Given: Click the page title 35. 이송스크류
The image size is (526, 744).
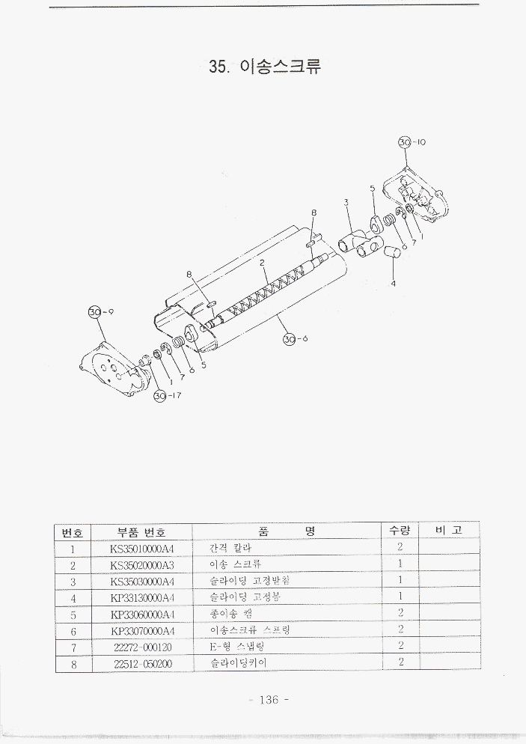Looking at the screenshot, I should (x=266, y=67).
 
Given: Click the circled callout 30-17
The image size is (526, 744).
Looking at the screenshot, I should (x=159, y=395).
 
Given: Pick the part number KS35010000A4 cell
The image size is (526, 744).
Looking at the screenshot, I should (x=141, y=549).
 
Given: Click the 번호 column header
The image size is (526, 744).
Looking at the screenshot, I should (x=73, y=531).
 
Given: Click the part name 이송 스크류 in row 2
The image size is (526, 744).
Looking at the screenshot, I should (x=236, y=564).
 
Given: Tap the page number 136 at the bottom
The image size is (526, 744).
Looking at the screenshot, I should (x=267, y=701).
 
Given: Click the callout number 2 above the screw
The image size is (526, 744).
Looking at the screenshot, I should (x=263, y=263).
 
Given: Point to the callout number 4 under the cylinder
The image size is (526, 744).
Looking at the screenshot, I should (x=394, y=283).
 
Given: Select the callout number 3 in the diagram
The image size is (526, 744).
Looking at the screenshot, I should (x=346, y=201).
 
